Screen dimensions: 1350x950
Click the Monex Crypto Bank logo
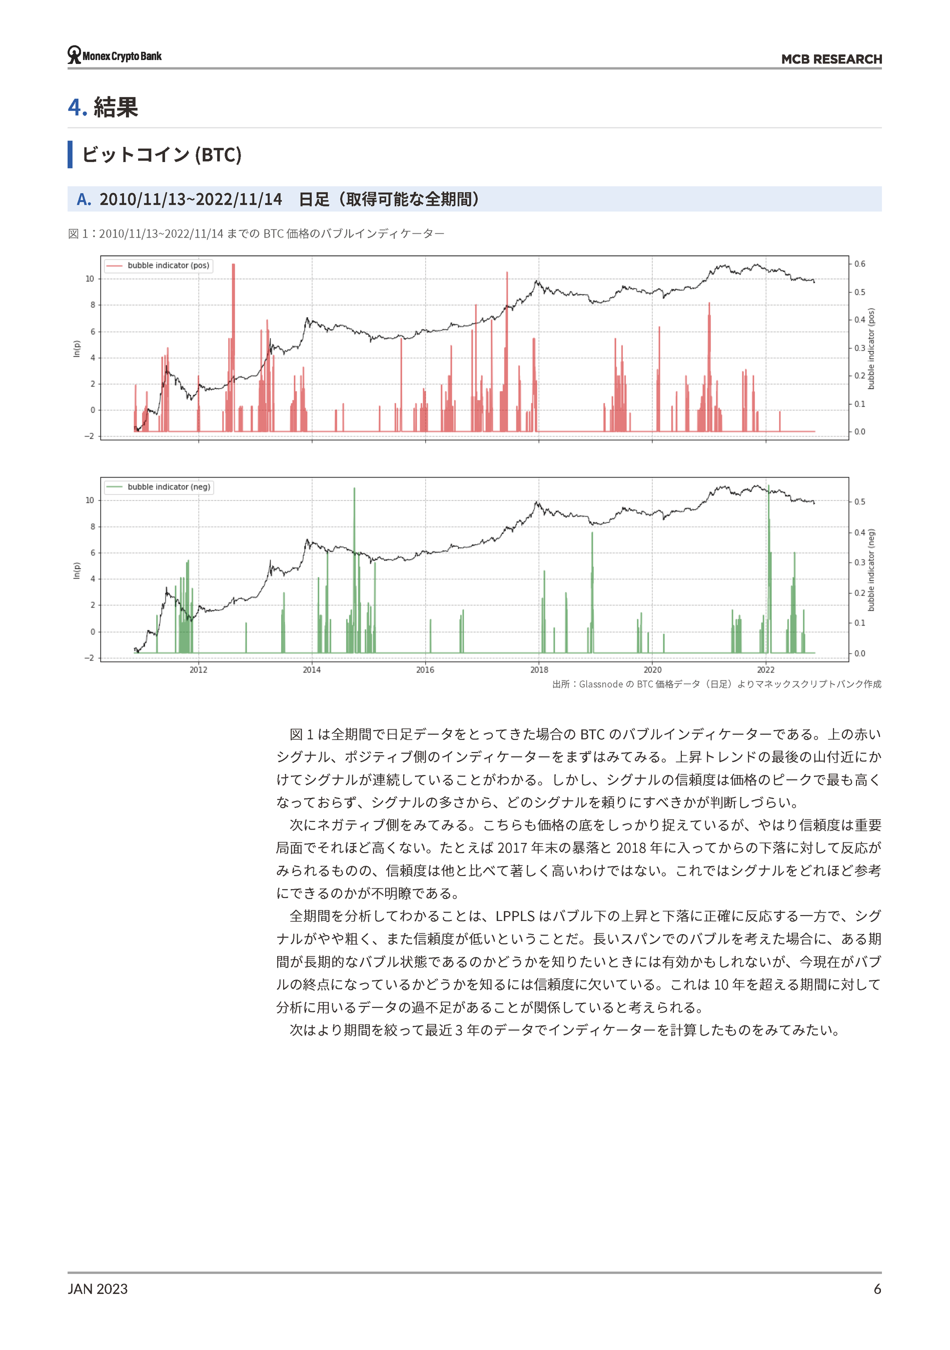click(x=114, y=55)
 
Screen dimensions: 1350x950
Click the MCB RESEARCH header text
click(x=830, y=59)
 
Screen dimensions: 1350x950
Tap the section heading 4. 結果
click(x=103, y=107)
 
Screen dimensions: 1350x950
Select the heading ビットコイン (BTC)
click(x=161, y=154)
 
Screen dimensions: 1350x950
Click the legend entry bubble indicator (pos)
click(x=168, y=265)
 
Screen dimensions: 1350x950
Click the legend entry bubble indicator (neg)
click(x=169, y=487)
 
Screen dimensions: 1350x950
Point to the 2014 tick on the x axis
click(x=312, y=669)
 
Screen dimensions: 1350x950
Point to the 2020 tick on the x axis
click(x=652, y=669)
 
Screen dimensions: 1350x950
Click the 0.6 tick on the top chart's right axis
click(x=859, y=264)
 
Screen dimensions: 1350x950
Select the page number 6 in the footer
click(x=877, y=1289)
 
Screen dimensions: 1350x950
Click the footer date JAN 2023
click(x=98, y=1289)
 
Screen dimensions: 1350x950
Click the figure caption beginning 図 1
click(x=256, y=233)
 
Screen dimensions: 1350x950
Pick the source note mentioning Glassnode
click(x=716, y=684)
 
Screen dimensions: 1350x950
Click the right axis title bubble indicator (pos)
click(x=871, y=348)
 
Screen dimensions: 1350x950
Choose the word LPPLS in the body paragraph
click(x=515, y=916)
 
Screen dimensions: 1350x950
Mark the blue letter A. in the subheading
click(x=84, y=199)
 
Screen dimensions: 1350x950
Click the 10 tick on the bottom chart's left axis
click(x=90, y=500)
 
